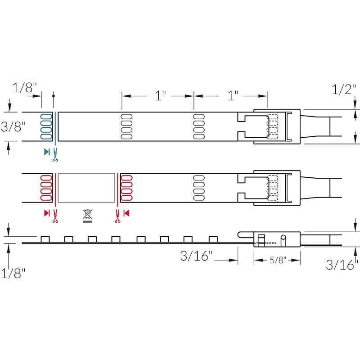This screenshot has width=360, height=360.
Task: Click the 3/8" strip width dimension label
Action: click(x=13, y=127)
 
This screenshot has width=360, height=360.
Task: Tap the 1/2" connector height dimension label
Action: click(x=344, y=89)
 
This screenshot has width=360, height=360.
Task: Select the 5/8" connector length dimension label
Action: click(x=278, y=260)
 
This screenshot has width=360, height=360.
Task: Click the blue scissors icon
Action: click(x=55, y=155)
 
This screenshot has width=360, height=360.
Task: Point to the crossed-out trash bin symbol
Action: click(x=87, y=216)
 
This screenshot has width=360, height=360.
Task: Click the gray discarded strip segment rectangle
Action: click(x=86, y=188)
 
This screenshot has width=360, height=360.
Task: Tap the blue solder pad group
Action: click(x=46, y=126)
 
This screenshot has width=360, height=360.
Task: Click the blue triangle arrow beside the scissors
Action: click(x=47, y=152)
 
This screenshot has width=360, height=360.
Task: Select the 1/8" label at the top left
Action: click(x=25, y=87)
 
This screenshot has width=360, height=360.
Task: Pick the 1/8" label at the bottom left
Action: click(x=13, y=273)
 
